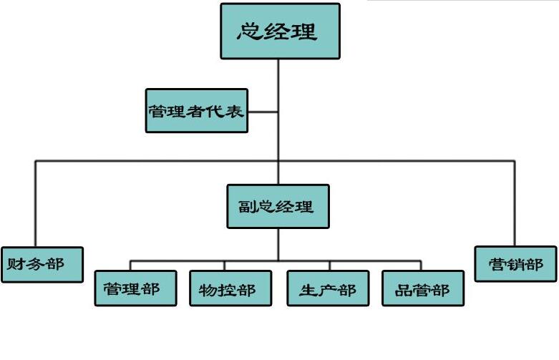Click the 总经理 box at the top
pos(280,31)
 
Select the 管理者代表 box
pos(197,111)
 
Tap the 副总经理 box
pos(278,207)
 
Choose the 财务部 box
pos(42,264)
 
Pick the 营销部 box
pos(515,264)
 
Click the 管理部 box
pos(136,288)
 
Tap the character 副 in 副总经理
pos(246,207)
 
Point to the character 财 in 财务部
pos(16,264)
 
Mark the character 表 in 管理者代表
pos(235,112)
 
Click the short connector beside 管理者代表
pos(263,112)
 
